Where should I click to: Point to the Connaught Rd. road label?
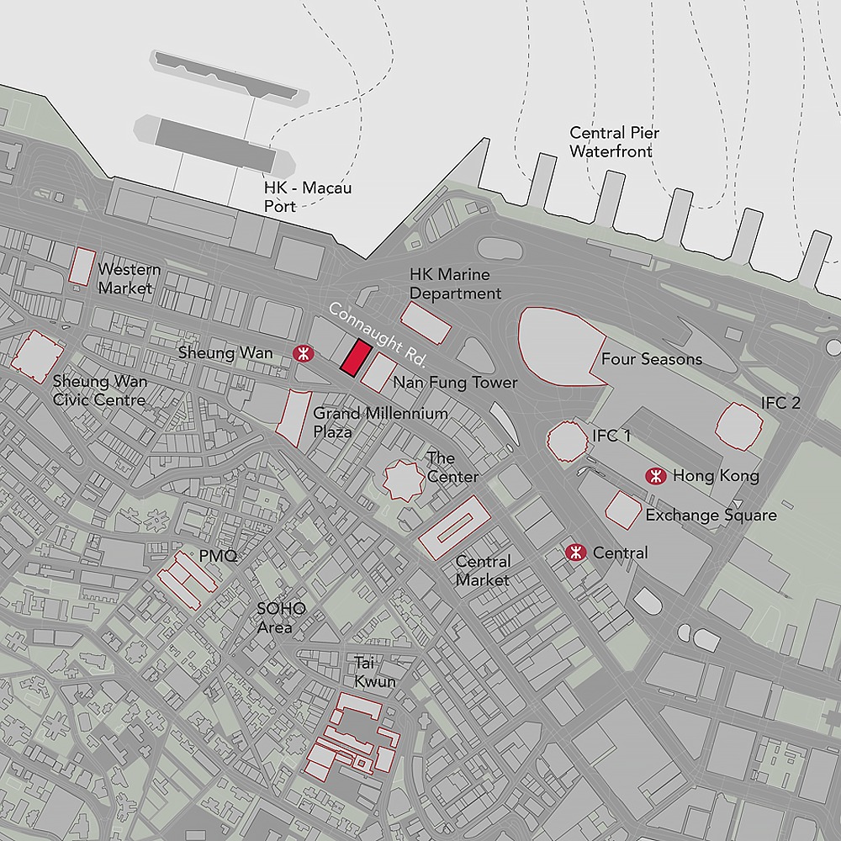click(x=378, y=333)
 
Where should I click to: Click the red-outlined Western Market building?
click(x=82, y=266)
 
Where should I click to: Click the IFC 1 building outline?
click(x=567, y=439)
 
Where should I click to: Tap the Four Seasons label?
click(x=651, y=359)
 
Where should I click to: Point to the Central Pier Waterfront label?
click(x=614, y=142)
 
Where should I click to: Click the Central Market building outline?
click(x=454, y=527)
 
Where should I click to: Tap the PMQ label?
click(x=218, y=557)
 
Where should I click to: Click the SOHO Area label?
click(x=281, y=618)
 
